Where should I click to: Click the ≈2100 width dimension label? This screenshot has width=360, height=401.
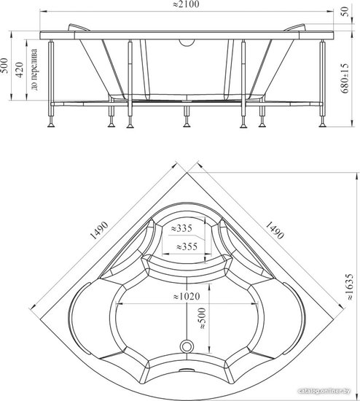(186, 4)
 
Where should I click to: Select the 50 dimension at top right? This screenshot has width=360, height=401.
(345, 11)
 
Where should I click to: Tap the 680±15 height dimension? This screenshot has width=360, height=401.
(345, 78)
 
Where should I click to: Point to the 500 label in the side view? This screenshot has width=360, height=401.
(4, 66)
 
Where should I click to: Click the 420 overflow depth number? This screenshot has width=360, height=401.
(20, 69)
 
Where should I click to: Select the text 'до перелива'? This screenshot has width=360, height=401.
(34, 69)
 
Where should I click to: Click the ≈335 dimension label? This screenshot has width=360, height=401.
(181, 228)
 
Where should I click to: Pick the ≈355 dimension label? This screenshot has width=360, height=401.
(187, 246)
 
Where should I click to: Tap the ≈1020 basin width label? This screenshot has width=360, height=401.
(187, 297)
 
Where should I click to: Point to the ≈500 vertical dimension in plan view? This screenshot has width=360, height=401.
(202, 319)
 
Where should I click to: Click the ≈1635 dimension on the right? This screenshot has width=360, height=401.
(350, 287)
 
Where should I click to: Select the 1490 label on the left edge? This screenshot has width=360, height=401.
(99, 230)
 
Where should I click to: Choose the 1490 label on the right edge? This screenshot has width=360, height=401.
(275, 230)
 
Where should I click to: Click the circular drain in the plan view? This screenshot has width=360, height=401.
(187, 346)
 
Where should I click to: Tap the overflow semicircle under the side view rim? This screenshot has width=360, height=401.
(187, 43)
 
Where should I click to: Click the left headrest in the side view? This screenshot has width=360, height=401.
(79, 28)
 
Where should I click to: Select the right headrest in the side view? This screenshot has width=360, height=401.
(295, 28)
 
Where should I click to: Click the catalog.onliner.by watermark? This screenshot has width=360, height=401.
(324, 391)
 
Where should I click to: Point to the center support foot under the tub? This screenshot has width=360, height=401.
(187, 117)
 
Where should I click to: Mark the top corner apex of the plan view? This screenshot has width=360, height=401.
(187, 173)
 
